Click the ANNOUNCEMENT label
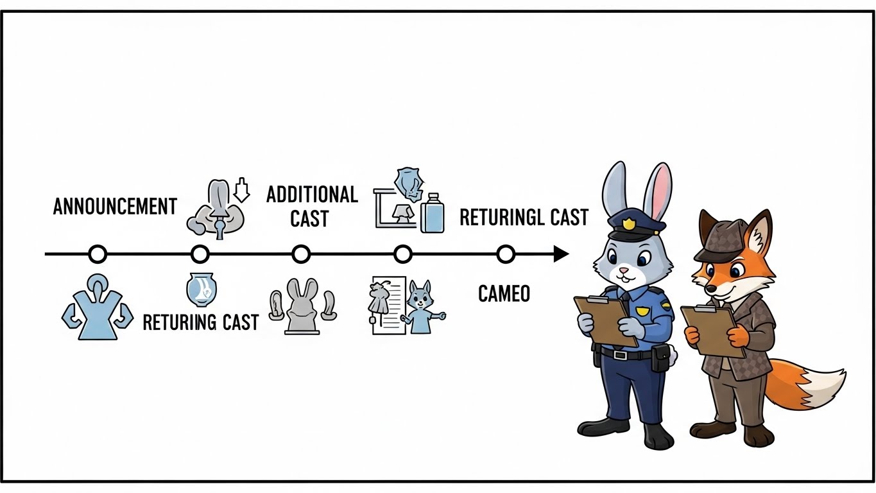coord(115,207)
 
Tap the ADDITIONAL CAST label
coord(312,206)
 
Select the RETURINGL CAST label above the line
coord(524,218)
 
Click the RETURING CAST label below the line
coord(200,322)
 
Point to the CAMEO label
coord(504,293)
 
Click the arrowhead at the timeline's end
coord(561,254)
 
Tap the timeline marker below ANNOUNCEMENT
coord(98,254)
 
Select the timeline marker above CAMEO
coord(506,254)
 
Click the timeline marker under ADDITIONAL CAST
coord(300,254)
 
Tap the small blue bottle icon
coord(432,213)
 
